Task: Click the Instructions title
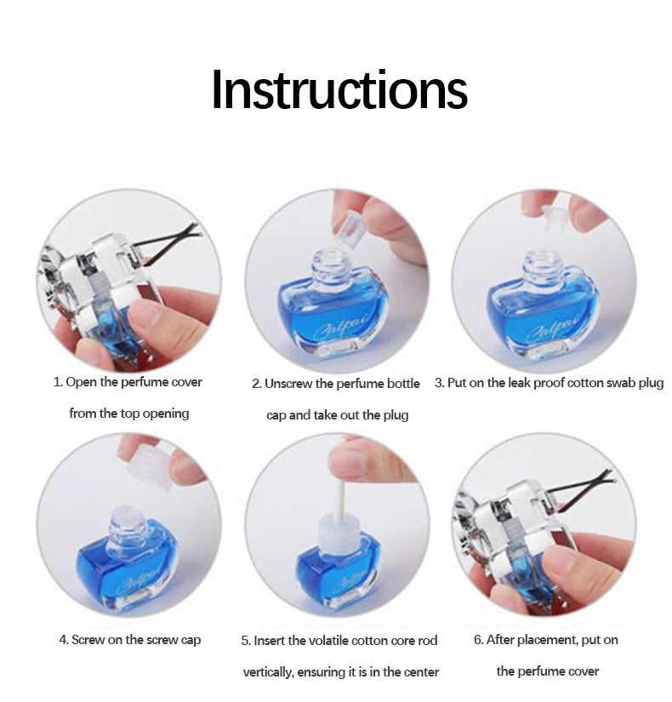coord(339,89)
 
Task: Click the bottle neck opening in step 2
coord(329,256)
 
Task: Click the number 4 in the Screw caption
coord(63,640)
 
